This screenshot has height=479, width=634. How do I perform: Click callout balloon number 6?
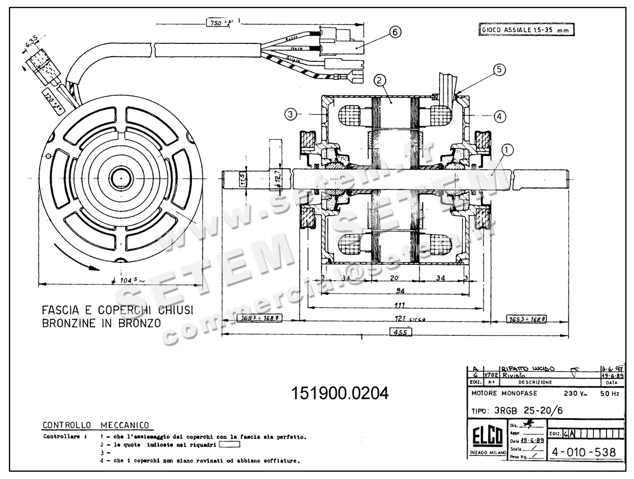(x=393, y=32)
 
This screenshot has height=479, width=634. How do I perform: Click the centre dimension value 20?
(x=394, y=278)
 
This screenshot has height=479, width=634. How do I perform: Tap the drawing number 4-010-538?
(x=583, y=453)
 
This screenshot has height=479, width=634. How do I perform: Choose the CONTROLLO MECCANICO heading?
(x=95, y=425)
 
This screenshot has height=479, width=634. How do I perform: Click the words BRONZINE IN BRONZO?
(x=101, y=323)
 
